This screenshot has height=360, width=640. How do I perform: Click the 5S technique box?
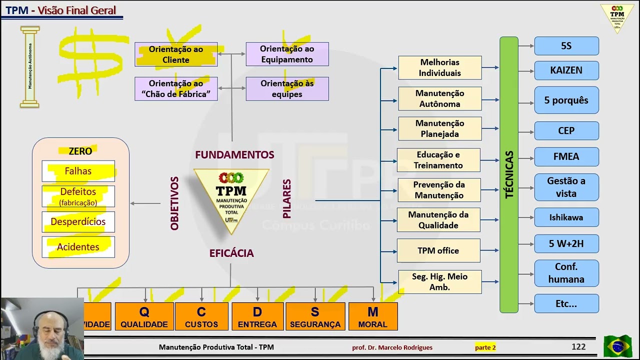click(566, 46)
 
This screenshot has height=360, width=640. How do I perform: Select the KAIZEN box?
click(566, 70)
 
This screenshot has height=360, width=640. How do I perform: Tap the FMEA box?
click(566, 156)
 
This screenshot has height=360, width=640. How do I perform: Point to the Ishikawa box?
click(566, 217)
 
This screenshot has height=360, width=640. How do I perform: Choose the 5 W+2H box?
click(566, 244)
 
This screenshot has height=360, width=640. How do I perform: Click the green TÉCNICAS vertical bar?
click(509, 175)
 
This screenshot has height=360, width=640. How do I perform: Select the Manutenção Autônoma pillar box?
click(439, 98)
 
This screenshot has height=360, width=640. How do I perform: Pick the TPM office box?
click(438, 250)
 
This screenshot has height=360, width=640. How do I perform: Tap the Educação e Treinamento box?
click(438, 160)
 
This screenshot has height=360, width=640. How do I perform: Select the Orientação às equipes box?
click(287, 89)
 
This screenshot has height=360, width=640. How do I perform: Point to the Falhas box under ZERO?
click(78, 171)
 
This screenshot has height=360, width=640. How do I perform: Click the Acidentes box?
click(78, 247)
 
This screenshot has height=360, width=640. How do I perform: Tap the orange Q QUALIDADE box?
click(144, 316)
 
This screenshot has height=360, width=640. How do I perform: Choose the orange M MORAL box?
click(372, 316)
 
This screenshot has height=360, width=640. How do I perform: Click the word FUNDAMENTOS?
click(234, 155)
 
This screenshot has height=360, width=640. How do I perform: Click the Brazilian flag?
click(617, 346)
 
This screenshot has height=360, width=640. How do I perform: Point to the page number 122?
click(578, 346)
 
